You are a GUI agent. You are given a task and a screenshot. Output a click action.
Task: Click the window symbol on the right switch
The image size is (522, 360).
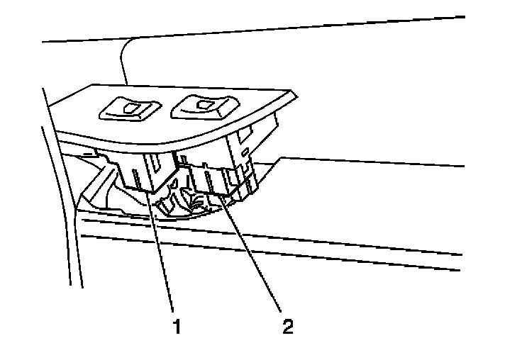pyautogui.click(x=206, y=106)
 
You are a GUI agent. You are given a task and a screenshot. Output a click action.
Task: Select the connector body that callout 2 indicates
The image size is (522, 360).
pyautogui.click(x=213, y=181)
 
